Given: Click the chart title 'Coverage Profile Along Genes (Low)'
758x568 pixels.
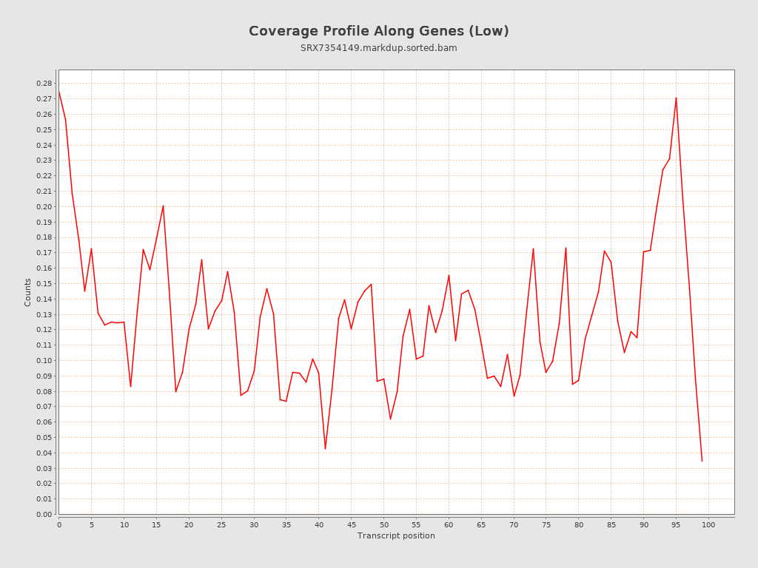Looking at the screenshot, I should (378, 31).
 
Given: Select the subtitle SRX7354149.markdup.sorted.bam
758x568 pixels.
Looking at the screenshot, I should (378, 48).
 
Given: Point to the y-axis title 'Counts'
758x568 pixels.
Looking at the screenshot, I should (28, 292).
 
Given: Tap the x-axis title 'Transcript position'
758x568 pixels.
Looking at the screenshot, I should (396, 535).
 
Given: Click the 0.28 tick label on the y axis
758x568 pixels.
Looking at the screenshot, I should (44, 84).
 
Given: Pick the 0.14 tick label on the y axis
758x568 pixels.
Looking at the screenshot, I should (44, 299).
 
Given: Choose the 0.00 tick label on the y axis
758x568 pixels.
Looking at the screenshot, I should (44, 514).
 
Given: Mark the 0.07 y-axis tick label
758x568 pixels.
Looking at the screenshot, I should (44, 407).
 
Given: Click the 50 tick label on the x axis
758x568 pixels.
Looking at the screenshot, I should (383, 524).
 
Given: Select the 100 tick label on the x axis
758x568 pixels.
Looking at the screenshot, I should (708, 524).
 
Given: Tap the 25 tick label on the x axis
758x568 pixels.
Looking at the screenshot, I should (221, 524).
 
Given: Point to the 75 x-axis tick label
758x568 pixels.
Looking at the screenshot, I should (546, 524).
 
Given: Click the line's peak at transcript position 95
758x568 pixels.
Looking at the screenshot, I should (676, 98).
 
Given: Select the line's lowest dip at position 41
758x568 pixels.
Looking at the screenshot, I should (325, 448).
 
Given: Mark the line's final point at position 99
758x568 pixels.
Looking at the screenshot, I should (702, 461).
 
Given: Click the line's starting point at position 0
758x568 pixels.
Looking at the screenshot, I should (59, 92).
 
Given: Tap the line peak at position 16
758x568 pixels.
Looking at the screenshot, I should (163, 206).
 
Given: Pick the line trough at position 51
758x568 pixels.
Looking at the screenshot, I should (390, 419).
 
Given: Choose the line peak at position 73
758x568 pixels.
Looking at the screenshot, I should (533, 248).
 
